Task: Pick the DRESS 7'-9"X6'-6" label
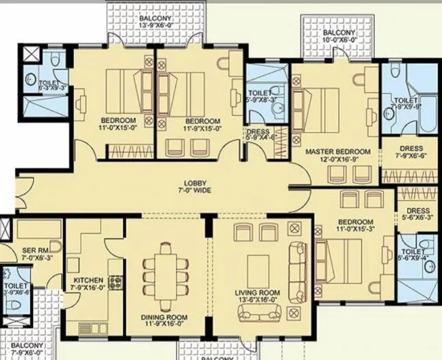(411, 152)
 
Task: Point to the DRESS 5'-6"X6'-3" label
(417, 214)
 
